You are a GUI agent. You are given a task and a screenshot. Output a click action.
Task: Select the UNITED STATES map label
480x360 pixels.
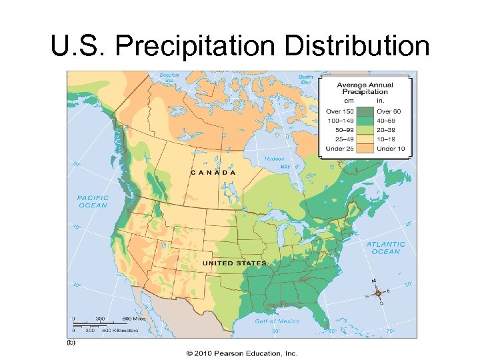[x=234, y=263]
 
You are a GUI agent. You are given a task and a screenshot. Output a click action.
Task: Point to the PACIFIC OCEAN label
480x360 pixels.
[x=92, y=201]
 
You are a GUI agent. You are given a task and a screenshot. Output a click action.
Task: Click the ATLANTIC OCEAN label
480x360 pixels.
[x=385, y=247]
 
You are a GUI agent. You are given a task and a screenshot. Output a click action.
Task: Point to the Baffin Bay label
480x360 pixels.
[x=306, y=79]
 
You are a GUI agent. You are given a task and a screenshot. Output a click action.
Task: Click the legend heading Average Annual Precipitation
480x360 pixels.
[x=365, y=89]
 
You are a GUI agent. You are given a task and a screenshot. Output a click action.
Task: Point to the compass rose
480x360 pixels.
[x=378, y=293]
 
